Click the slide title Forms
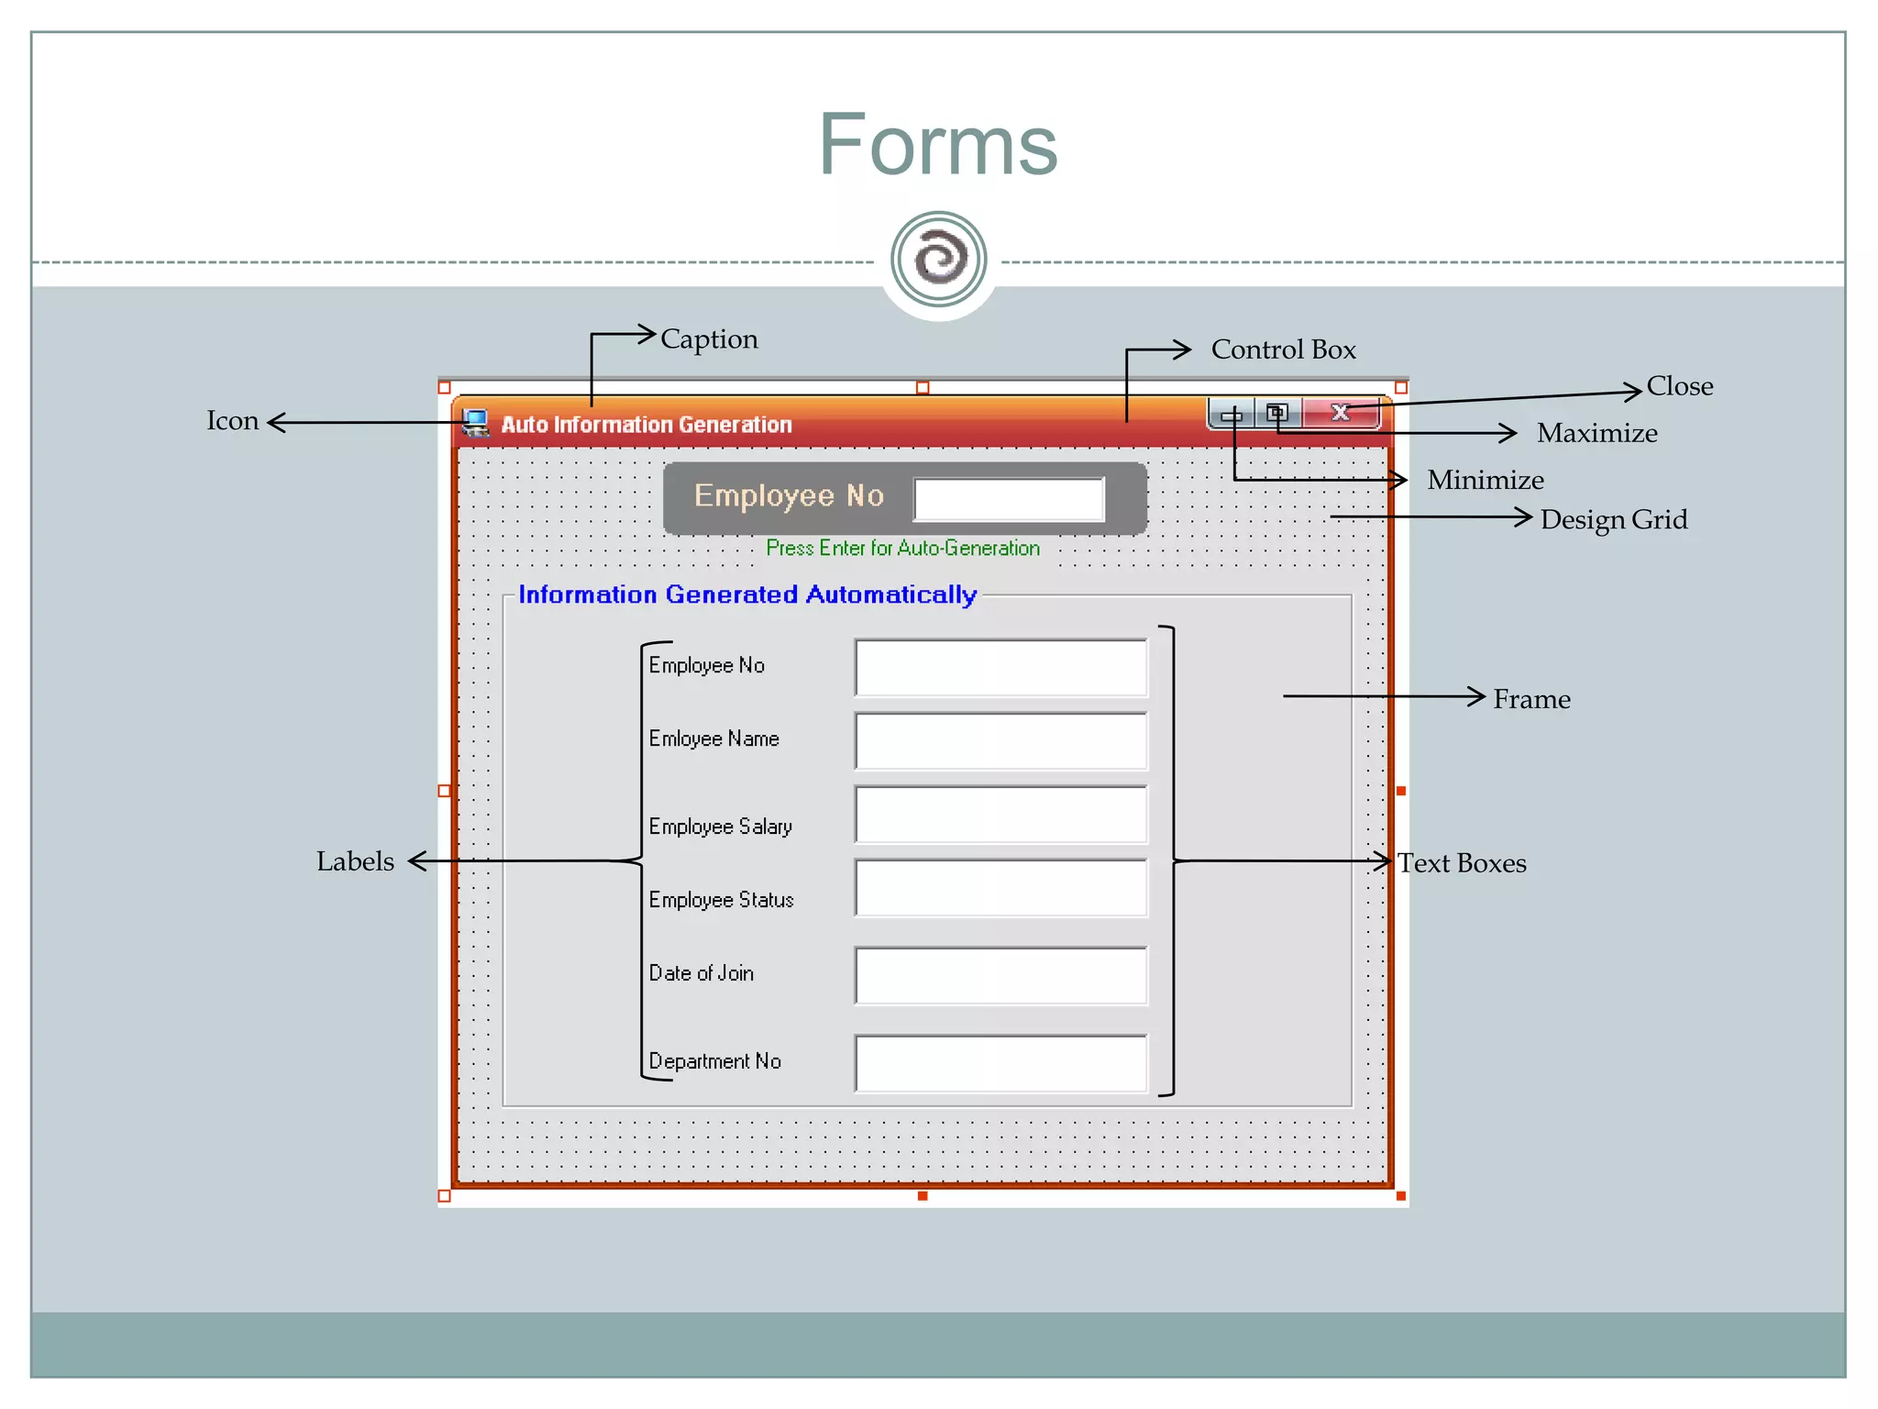[x=937, y=145]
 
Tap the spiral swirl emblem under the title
[x=938, y=260]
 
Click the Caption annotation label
[x=709, y=339]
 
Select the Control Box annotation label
[x=1283, y=349]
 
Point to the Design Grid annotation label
[x=1613, y=520]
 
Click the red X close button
[x=1341, y=413]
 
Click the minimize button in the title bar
[x=1232, y=415]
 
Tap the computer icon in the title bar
[x=475, y=423]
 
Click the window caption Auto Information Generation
[x=646, y=425]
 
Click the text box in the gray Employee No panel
[x=1009, y=499]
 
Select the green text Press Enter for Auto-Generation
[x=902, y=549]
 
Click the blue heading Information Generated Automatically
[x=747, y=594]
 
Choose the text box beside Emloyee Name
[x=1000, y=741]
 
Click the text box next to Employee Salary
[x=1000, y=815]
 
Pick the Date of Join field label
[x=701, y=973]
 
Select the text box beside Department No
[x=1000, y=1064]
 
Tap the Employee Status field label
[x=721, y=900]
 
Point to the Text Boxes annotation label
[x=1462, y=863]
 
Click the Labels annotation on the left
[x=355, y=861]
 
